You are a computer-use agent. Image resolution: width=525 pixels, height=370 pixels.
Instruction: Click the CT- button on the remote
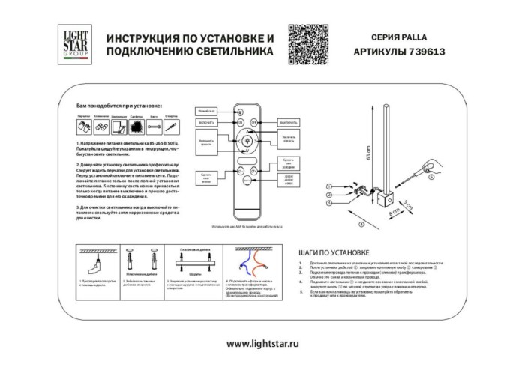241,171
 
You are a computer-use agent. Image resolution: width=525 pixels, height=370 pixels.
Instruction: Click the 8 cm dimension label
393,213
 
